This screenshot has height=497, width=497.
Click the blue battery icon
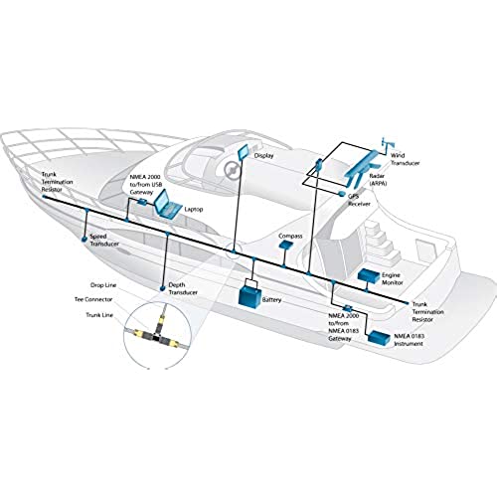click(x=250, y=295)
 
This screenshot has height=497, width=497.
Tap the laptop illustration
click(x=168, y=205)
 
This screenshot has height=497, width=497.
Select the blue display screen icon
click(x=243, y=151)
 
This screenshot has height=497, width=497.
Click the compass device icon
click(x=286, y=245)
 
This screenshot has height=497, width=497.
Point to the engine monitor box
click(x=369, y=276)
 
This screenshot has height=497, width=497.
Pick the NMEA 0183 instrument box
click(x=380, y=338)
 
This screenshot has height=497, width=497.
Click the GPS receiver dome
click(x=342, y=193)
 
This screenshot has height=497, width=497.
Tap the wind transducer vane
click(x=388, y=144)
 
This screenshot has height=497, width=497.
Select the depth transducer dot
click(x=162, y=288)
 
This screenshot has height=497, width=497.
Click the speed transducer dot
click(x=84, y=239)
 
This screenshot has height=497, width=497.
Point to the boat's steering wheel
click(x=232, y=170)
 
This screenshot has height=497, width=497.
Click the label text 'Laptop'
click(x=194, y=210)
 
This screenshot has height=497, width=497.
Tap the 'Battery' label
click(x=271, y=300)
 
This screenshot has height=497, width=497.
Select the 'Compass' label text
click(x=290, y=236)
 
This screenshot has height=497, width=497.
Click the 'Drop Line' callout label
click(x=103, y=285)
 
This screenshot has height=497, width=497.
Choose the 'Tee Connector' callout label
click(x=93, y=299)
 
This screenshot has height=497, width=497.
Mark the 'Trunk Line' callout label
click(x=99, y=315)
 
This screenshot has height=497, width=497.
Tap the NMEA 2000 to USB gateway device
click(x=142, y=202)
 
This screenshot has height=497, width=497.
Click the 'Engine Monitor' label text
click(x=393, y=279)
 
